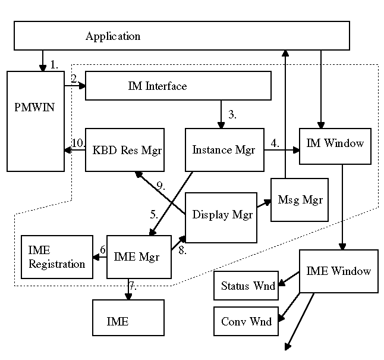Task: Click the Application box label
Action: [x=113, y=36]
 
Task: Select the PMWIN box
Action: [x=36, y=121]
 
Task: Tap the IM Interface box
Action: [x=178, y=86]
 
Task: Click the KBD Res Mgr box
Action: [x=125, y=149]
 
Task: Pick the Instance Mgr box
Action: [x=225, y=149]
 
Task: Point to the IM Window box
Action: [x=335, y=146]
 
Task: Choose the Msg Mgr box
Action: [x=300, y=200]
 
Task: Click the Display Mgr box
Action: [x=221, y=218]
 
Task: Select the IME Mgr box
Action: [x=139, y=257]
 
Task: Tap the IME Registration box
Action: [x=57, y=257]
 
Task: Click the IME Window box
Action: [x=339, y=271]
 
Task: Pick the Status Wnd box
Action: [x=246, y=286]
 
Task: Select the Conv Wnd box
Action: [x=246, y=321]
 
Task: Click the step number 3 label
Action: [x=232, y=114]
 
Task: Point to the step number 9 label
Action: [x=160, y=186]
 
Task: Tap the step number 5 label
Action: [x=154, y=215]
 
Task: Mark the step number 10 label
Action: [x=78, y=143]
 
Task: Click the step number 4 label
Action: [x=275, y=143]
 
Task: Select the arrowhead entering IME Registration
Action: [x=96, y=257]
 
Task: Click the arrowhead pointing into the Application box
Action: [x=285, y=53]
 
